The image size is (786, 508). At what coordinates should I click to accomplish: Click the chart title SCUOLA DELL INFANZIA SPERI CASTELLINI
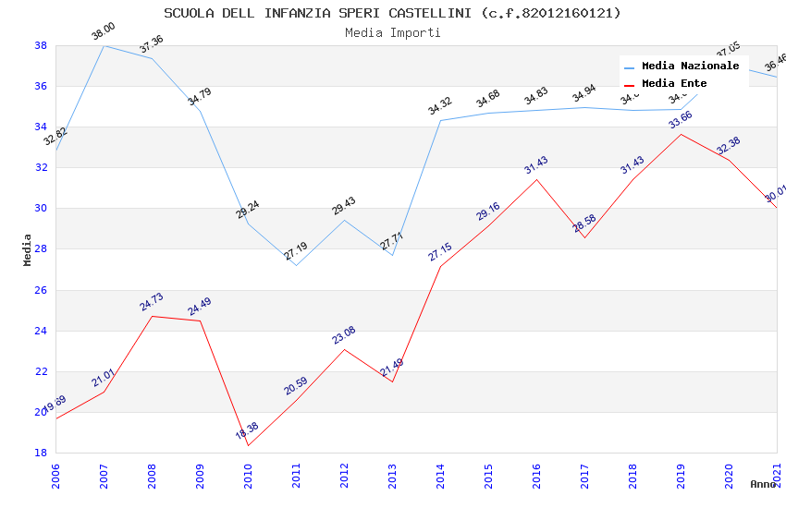point(392,13)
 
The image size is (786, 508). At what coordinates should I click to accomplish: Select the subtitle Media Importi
point(392,32)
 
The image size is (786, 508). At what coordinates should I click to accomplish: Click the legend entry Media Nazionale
point(690,67)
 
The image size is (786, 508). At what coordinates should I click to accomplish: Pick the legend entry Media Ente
point(674,83)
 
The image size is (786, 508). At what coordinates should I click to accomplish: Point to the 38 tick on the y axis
point(41,45)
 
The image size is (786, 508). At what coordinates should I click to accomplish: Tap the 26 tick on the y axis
point(41,290)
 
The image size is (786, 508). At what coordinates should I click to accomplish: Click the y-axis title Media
point(28,249)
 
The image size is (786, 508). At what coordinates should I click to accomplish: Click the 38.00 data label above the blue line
point(104,33)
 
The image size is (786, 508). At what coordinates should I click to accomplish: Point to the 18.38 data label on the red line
point(246,429)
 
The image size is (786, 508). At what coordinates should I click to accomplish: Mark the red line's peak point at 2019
point(681,134)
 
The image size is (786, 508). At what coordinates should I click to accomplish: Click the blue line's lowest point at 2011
point(296,265)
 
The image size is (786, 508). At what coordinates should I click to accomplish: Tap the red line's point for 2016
point(536,179)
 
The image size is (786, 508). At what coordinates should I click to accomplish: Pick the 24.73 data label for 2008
point(152,302)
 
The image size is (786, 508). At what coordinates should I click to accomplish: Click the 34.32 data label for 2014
point(440,106)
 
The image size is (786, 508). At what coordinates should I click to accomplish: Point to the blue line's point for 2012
point(344,220)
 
